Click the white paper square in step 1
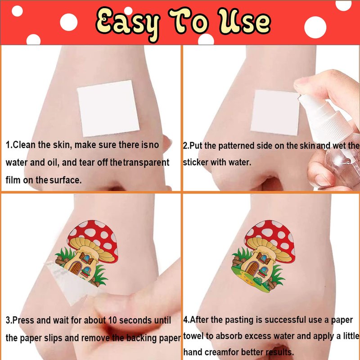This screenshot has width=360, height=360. tap(108, 108)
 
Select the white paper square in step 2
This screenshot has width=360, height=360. tap(275, 112)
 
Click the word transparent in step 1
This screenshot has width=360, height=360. tap(146, 163)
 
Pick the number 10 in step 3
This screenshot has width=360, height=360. tap(112, 320)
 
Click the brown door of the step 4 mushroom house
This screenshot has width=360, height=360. tap(252, 269)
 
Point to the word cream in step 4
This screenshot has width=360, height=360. tap(217, 352)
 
